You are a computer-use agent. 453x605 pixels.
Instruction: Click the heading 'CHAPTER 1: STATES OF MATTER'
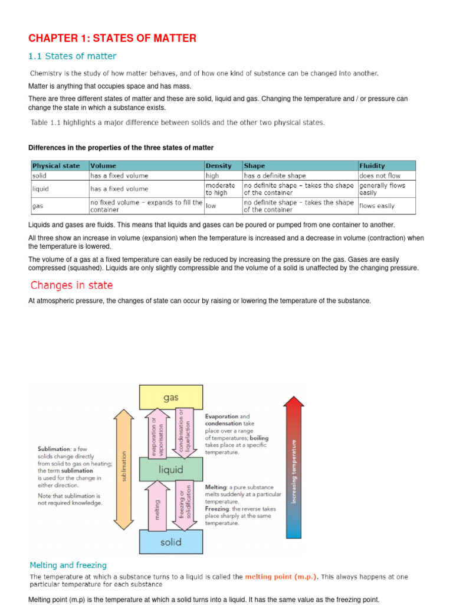[x=113, y=38]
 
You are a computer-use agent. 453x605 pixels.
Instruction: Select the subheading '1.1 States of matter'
[x=73, y=57]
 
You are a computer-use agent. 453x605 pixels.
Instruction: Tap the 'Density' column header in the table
[x=218, y=166]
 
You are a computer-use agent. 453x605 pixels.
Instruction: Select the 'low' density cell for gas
[x=211, y=206]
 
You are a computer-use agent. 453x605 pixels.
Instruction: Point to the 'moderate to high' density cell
[x=220, y=189]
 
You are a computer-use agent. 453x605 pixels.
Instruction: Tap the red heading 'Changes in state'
[x=71, y=285]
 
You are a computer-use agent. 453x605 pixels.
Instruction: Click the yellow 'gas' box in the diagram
[x=170, y=397]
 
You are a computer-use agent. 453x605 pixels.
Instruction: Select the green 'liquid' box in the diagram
[x=170, y=470]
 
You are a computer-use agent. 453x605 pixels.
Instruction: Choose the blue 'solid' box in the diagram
[x=170, y=542]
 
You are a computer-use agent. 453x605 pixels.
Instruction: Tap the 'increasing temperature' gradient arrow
[x=294, y=467]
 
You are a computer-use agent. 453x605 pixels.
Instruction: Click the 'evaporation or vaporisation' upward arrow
[x=157, y=432]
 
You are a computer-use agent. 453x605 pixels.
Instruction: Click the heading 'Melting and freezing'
[x=68, y=565]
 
